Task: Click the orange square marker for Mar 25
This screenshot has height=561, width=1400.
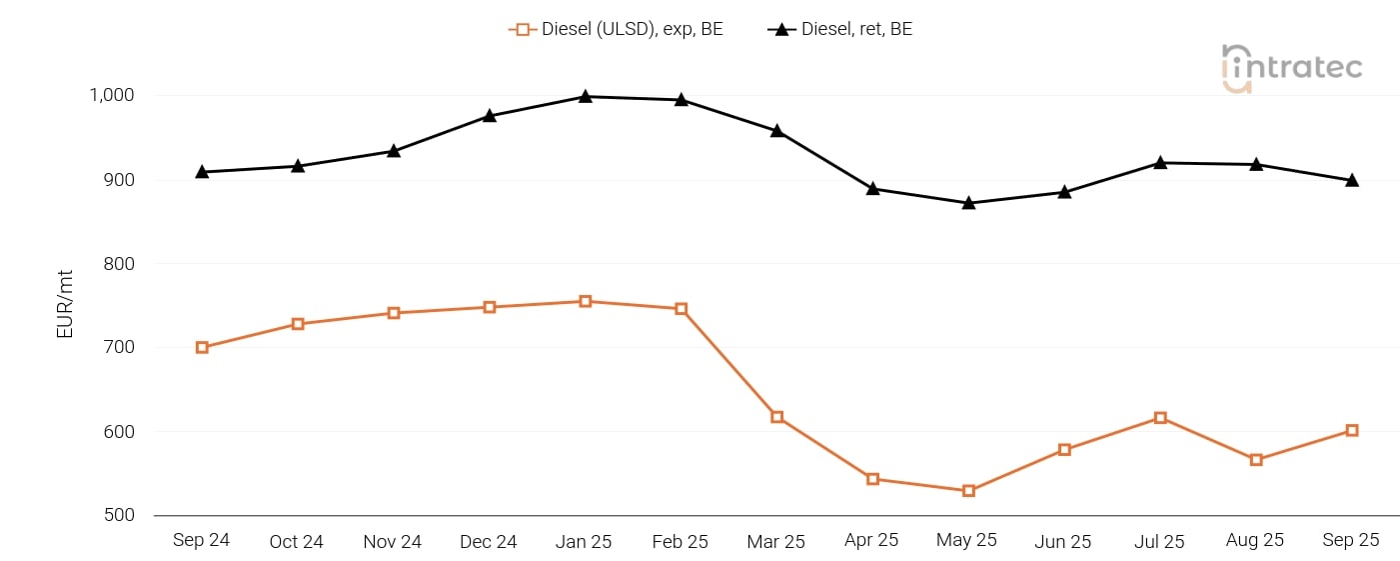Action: click(x=776, y=417)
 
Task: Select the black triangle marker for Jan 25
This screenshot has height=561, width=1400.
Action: click(x=585, y=97)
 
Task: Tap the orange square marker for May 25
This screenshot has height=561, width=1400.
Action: click(x=968, y=491)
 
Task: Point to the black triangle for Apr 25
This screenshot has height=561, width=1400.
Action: click(x=872, y=189)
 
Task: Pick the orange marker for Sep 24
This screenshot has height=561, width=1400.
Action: click(x=202, y=348)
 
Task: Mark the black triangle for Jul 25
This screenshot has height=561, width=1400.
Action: click(x=1160, y=162)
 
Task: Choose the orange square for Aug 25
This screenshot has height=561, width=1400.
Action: click(x=1256, y=460)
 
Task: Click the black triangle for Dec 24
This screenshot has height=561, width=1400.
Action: click(x=490, y=116)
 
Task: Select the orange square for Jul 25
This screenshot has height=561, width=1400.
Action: click(x=1160, y=418)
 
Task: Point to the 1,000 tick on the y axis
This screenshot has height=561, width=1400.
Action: click(x=112, y=96)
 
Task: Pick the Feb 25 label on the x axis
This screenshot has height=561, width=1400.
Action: click(x=681, y=541)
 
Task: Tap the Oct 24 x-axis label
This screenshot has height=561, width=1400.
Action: click(x=297, y=541)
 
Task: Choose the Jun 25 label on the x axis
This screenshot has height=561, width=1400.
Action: click(x=1063, y=541)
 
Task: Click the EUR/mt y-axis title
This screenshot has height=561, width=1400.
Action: click(x=65, y=306)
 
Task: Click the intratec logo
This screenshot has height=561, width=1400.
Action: click(x=1291, y=68)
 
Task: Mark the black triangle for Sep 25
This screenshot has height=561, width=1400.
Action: click(x=1352, y=181)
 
